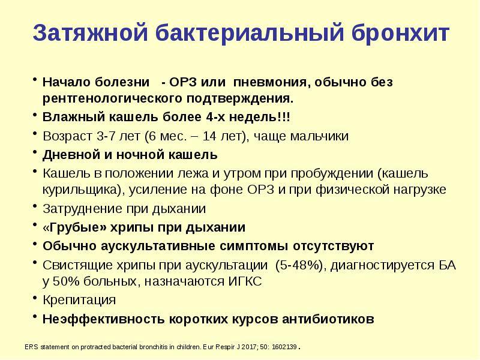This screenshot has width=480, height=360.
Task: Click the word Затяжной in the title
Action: pyautogui.click(x=91, y=33)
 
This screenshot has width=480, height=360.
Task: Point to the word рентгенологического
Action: pyautogui.click(x=110, y=99)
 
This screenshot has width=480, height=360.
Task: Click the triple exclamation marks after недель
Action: pyautogui.click(x=283, y=116)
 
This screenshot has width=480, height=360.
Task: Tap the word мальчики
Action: pyautogui.click(x=319, y=136)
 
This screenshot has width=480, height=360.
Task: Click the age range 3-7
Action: pyautogui.click(x=106, y=136)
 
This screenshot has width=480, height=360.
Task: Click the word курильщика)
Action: pyautogui.click(x=82, y=190)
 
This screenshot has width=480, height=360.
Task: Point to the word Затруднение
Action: pyautogui.click(x=82, y=209)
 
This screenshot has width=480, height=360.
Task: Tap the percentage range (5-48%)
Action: pyautogui.click(x=299, y=265)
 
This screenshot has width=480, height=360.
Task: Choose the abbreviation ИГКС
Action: pyautogui.click(x=245, y=281)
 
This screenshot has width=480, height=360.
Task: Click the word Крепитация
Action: pyautogui.click(x=79, y=300)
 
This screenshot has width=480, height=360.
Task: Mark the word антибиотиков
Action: pyautogui.click(x=328, y=319)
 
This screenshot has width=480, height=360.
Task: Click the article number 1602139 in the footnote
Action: pyautogui.click(x=284, y=347)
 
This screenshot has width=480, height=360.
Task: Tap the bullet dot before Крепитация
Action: pyautogui.click(x=35, y=297)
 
